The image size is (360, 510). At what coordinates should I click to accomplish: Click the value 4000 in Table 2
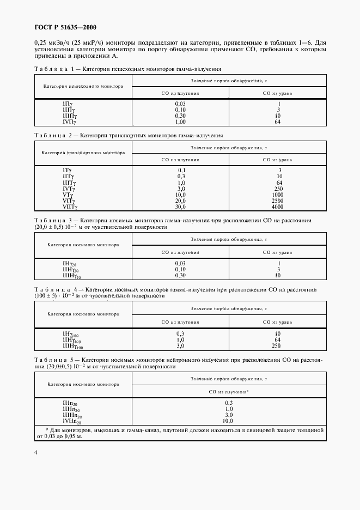[278, 207]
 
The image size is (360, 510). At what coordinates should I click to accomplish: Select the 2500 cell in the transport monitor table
[278, 201]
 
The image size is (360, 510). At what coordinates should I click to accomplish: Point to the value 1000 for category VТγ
[278, 195]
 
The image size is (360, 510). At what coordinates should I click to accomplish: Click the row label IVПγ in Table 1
[70, 122]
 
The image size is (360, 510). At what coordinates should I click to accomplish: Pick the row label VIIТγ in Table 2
[70, 207]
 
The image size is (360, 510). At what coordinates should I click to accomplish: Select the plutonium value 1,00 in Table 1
[180, 122]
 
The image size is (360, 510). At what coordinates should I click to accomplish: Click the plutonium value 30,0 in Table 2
[181, 207]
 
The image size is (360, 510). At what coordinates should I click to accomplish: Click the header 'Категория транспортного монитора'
[83, 153]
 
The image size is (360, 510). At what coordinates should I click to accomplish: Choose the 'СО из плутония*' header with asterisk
[229, 391]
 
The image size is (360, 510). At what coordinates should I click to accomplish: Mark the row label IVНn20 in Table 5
[72, 421]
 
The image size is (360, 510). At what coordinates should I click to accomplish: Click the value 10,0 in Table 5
[229, 421]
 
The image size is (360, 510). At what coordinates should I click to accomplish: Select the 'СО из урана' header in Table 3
[278, 252]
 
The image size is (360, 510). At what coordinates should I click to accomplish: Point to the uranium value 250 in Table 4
[278, 345]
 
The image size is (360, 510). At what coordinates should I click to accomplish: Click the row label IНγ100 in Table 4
[72, 333]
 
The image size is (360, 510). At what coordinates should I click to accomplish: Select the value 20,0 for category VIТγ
[181, 201]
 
